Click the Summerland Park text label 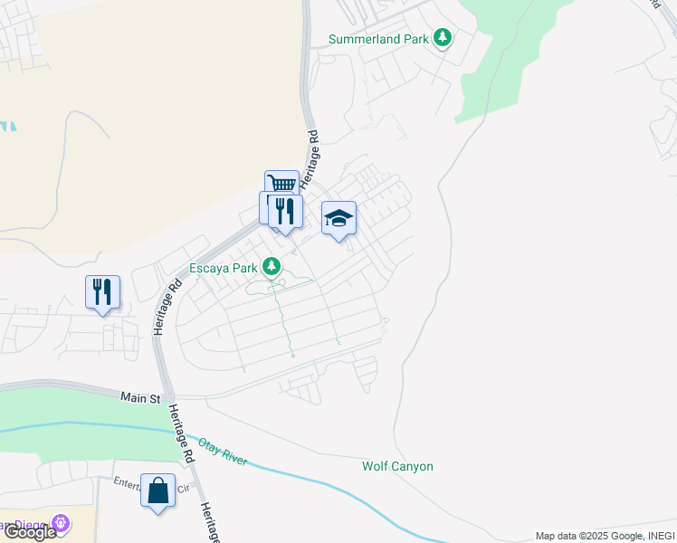click(x=377, y=39)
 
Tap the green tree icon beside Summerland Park click(x=443, y=38)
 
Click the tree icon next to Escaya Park click(x=271, y=266)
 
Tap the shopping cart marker click(x=281, y=186)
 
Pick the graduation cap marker click(x=339, y=218)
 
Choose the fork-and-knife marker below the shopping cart click(x=286, y=211)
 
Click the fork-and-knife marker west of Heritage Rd click(x=102, y=292)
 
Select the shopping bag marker click(x=157, y=491)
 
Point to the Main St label click(x=141, y=397)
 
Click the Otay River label click(x=223, y=451)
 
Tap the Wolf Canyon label click(x=397, y=467)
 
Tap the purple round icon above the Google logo click(x=61, y=522)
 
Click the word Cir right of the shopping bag click(x=183, y=488)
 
